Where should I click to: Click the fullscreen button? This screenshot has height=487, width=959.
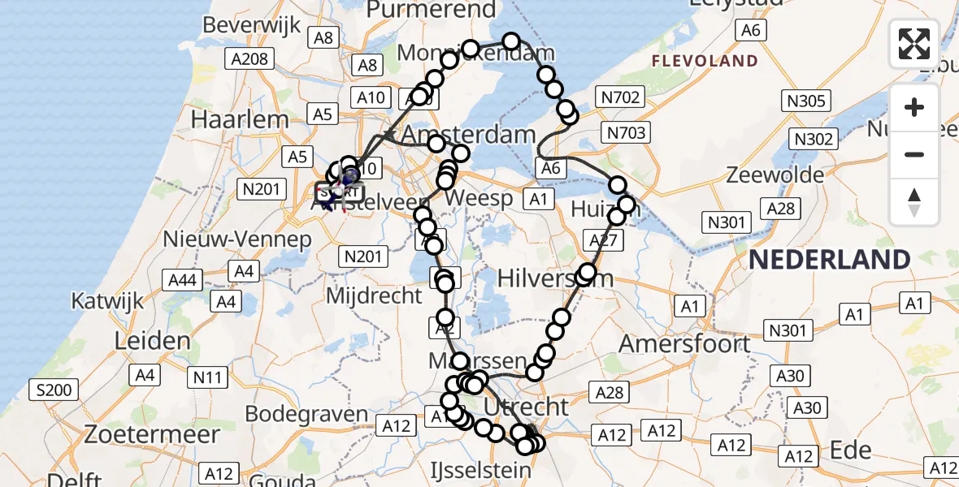(914, 44)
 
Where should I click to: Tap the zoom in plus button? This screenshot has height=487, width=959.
(914, 108)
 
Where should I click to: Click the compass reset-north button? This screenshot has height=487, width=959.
(914, 202)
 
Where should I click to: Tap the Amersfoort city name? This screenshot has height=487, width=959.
(685, 343)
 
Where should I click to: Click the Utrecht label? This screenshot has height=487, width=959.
(526, 405)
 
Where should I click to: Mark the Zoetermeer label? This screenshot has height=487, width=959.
(153, 434)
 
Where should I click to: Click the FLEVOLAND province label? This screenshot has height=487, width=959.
(705, 61)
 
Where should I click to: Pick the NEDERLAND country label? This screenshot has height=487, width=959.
(830, 260)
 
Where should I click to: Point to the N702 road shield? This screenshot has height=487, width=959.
(621, 98)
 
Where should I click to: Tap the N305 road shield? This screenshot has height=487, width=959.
(806, 101)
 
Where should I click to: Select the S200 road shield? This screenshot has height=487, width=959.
(55, 390)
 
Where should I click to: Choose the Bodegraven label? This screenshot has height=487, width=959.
(306, 414)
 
